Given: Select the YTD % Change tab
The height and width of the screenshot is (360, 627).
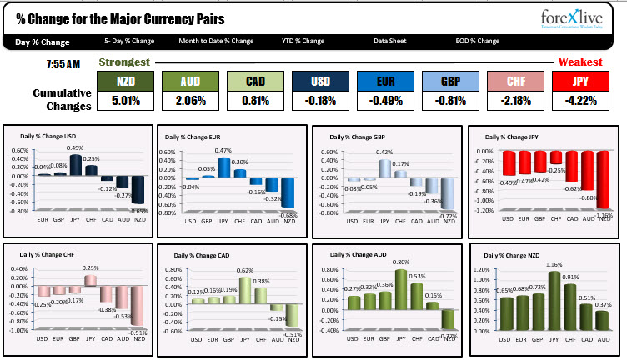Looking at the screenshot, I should [x=302, y=42].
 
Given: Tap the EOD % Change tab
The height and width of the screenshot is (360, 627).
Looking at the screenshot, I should [x=476, y=42].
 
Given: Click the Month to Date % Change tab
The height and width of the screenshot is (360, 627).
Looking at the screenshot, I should [x=216, y=42].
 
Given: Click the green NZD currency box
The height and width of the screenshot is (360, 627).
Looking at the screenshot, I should [x=126, y=81].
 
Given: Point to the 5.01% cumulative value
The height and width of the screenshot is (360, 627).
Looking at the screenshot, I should [x=126, y=101].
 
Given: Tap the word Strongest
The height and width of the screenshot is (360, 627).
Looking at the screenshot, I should [x=124, y=62].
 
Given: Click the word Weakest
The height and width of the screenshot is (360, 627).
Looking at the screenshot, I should [x=580, y=62].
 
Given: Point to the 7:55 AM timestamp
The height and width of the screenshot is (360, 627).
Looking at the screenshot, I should [x=63, y=64].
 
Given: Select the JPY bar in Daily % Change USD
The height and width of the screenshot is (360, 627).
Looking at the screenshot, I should [x=76, y=165].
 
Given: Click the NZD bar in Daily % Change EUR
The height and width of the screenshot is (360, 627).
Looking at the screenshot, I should [x=288, y=192].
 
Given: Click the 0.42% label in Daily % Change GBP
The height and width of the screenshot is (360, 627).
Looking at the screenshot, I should [x=384, y=152].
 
